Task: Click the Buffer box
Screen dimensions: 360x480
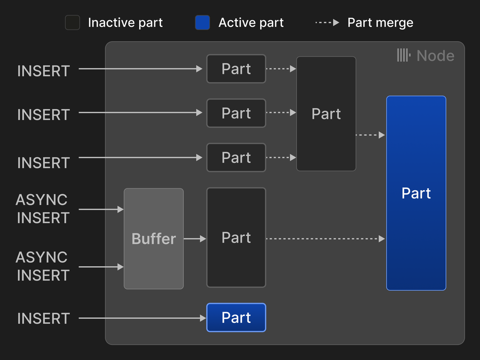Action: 154,239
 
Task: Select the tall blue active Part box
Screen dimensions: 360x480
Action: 416,193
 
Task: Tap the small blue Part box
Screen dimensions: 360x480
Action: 236,317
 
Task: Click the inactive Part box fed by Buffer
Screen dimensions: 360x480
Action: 236,238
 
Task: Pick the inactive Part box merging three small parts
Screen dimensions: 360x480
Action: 326,114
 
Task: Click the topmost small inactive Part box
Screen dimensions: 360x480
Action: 236,69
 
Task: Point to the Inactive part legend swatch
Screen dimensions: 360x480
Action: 73,22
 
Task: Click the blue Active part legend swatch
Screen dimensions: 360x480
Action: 202,22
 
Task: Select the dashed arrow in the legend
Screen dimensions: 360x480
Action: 327,22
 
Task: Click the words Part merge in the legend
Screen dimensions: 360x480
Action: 380,22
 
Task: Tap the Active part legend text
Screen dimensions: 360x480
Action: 251,22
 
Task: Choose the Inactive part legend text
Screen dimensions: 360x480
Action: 125,22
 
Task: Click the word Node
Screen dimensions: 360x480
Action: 435,56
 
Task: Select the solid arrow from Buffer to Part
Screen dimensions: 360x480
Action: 195,239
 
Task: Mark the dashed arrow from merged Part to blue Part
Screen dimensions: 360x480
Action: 370,135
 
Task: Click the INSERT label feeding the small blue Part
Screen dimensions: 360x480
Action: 43,318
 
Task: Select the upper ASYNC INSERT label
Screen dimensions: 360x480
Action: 42,209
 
